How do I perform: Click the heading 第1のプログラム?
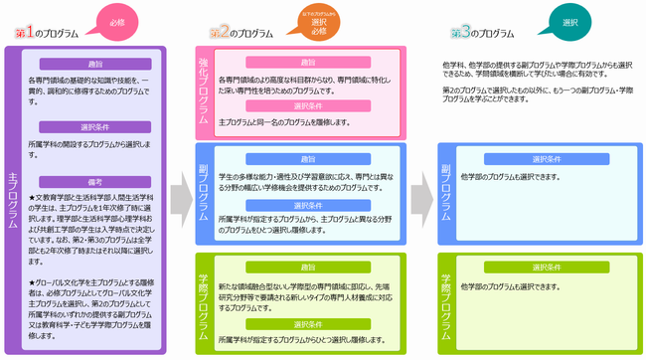point(47,33)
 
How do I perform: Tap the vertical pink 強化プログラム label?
point(204,90)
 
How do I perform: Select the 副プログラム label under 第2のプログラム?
point(204,189)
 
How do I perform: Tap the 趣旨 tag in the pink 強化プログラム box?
point(307,63)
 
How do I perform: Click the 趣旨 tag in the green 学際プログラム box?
point(307,268)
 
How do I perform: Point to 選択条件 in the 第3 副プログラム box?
point(549,159)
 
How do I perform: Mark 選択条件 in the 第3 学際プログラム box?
point(549,267)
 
